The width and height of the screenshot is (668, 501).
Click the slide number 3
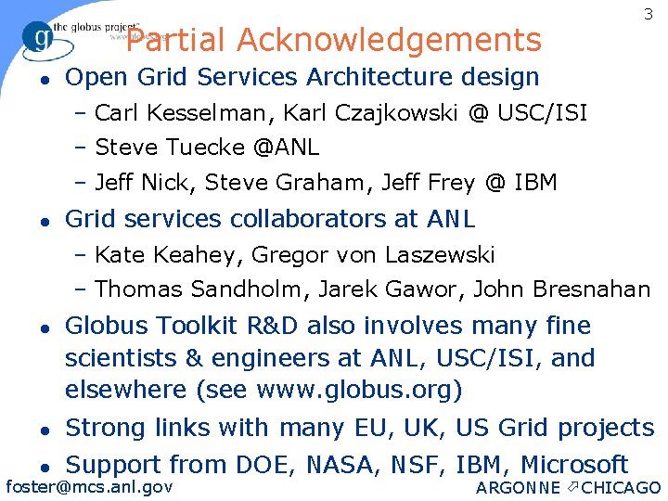647,15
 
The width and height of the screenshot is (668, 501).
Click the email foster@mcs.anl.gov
89,486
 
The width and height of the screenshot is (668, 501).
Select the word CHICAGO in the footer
622,488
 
